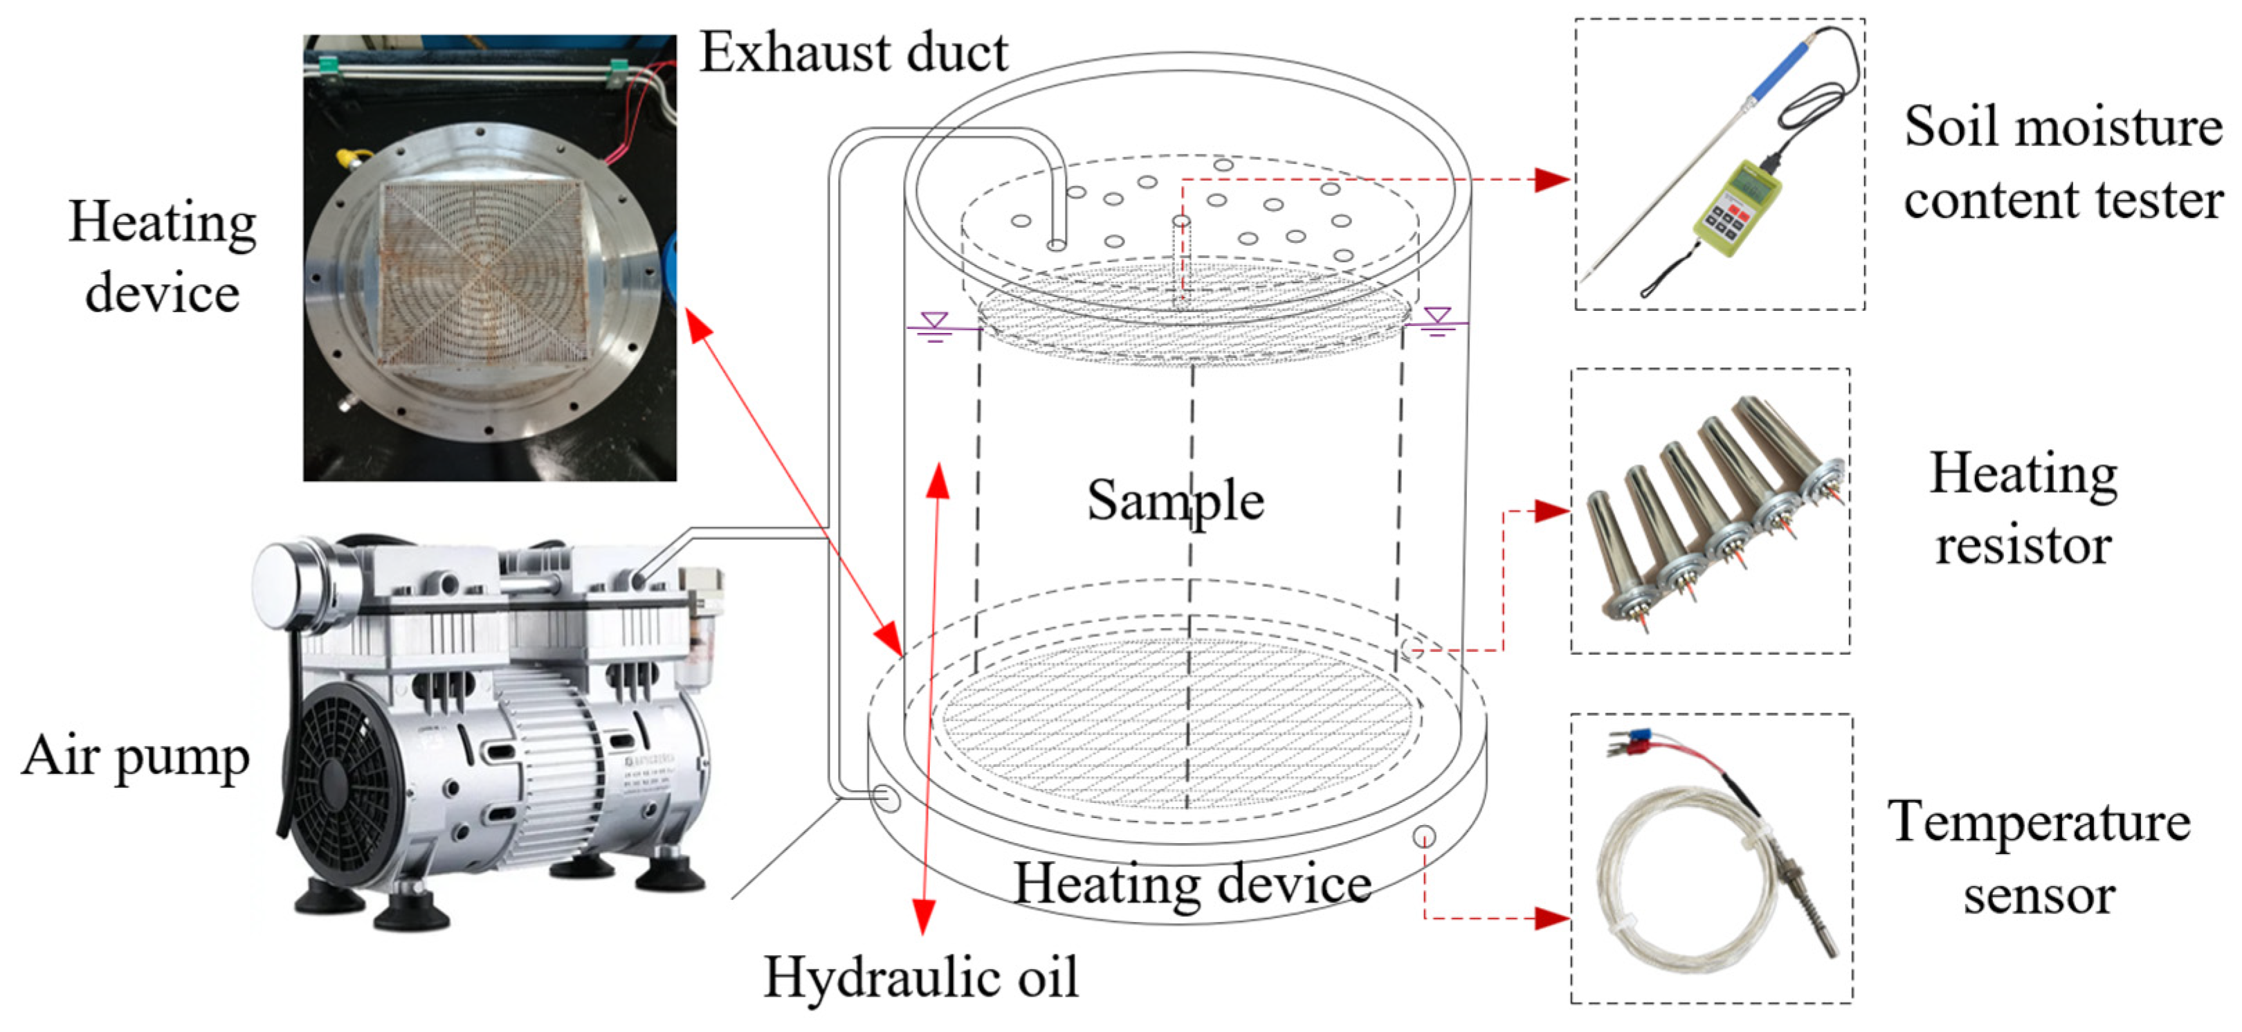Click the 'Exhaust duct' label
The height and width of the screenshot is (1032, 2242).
pyautogui.click(x=854, y=52)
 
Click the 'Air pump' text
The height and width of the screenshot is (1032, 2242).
pyautogui.click(x=136, y=757)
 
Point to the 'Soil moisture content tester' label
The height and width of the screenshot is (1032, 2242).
pyautogui.click(x=2063, y=163)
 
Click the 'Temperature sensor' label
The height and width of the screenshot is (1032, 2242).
pyautogui.click(x=2039, y=858)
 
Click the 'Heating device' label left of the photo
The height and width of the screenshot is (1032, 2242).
pyautogui.click(x=163, y=257)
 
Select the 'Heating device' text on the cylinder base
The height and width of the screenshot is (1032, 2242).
pyautogui.click(x=1192, y=885)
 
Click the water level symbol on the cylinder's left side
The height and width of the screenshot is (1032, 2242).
pyautogui.click(x=935, y=327)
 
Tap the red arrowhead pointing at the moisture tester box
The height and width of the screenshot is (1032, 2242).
pyautogui.click(x=1553, y=179)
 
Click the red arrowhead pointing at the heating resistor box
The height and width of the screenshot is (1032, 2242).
pyautogui.click(x=1553, y=512)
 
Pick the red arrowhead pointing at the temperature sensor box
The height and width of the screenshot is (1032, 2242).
pyautogui.click(x=1553, y=918)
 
